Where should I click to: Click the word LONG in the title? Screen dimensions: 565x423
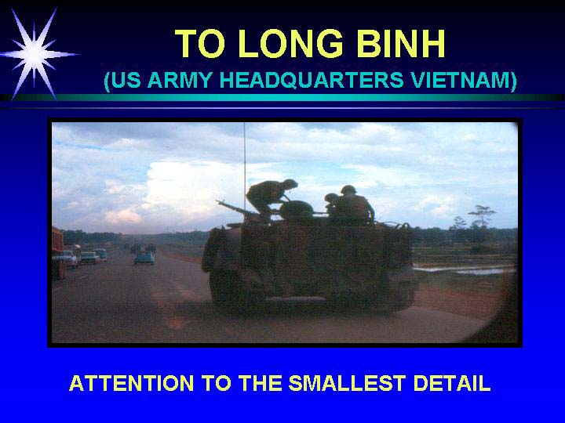[x=290, y=43]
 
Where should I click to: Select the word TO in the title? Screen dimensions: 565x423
[x=200, y=43]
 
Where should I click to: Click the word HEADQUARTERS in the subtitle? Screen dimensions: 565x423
[x=312, y=80]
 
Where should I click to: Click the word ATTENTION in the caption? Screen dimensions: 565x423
[x=131, y=383]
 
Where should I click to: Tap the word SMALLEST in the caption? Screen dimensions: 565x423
[x=347, y=383]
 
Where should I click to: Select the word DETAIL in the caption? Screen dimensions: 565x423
[x=452, y=383]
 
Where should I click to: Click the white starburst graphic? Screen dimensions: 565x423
[x=35, y=54]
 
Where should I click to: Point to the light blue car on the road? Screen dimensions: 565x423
[x=144, y=258]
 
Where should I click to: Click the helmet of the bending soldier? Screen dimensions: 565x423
[x=290, y=183]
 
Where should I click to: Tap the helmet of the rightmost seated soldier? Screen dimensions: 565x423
[x=348, y=190]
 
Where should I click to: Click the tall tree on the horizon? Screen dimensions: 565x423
[x=482, y=217]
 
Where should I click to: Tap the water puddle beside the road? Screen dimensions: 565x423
[x=465, y=269]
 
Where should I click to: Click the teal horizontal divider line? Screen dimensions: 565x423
[x=282, y=97]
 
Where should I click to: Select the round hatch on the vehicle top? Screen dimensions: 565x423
[x=296, y=209]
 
